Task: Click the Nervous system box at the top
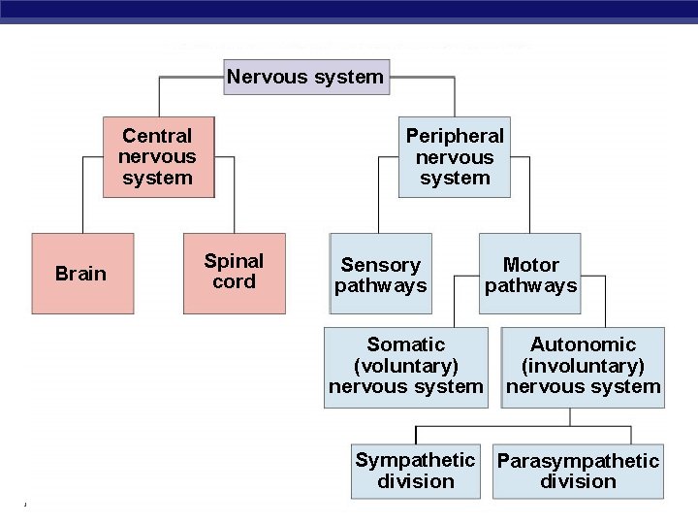(x=306, y=78)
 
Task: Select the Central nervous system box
(x=158, y=157)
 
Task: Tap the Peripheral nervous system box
(x=455, y=157)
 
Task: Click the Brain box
(x=81, y=274)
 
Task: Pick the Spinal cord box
(x=235, y=273)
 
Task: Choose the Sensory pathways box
(x=381, y=275)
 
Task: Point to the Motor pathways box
(x=530, y=275)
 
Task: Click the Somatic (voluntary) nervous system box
(x=405, y=367)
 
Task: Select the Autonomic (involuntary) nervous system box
(x=583, y=367)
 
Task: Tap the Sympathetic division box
(x=415, y=471)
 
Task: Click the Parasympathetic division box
(x=578, y=471)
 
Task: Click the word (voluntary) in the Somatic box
(x=405, y=366)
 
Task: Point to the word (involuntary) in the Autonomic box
(x=583, y=366)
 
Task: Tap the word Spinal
(x=234, y=261)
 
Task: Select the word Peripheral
(x=455, y=136)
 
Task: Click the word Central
(x=157, y=136)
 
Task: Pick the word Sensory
(x=381, y=265)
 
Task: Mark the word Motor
(x=531, y=265)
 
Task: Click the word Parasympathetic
(x=578, y=461)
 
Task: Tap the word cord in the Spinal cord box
(x=235, y=282)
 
